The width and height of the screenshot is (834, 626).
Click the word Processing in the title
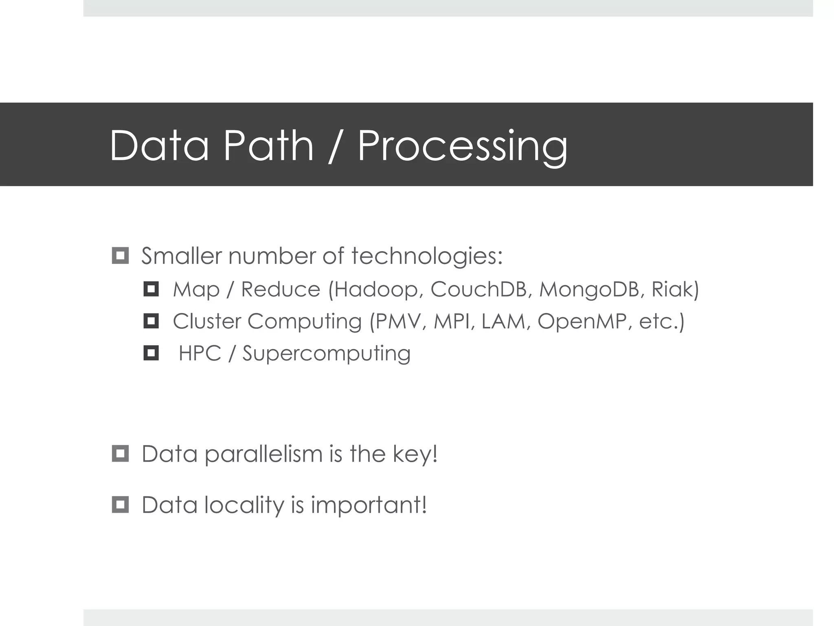coord(462,146)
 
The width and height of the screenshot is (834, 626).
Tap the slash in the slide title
coord(335,146)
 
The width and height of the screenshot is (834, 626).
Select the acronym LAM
coord(505,321)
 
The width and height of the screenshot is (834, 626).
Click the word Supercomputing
coord(326,353)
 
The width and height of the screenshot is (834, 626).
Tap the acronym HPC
coord(200,353)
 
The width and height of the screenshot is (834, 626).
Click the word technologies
coord(427,256)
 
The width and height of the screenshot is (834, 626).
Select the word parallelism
coord(263,454)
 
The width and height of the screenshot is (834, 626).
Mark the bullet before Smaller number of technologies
coord(120,256)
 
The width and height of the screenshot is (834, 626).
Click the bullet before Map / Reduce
coord(151,289)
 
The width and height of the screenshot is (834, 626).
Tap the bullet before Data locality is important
coord(120,505)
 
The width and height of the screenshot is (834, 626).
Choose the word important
coord(368,505)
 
